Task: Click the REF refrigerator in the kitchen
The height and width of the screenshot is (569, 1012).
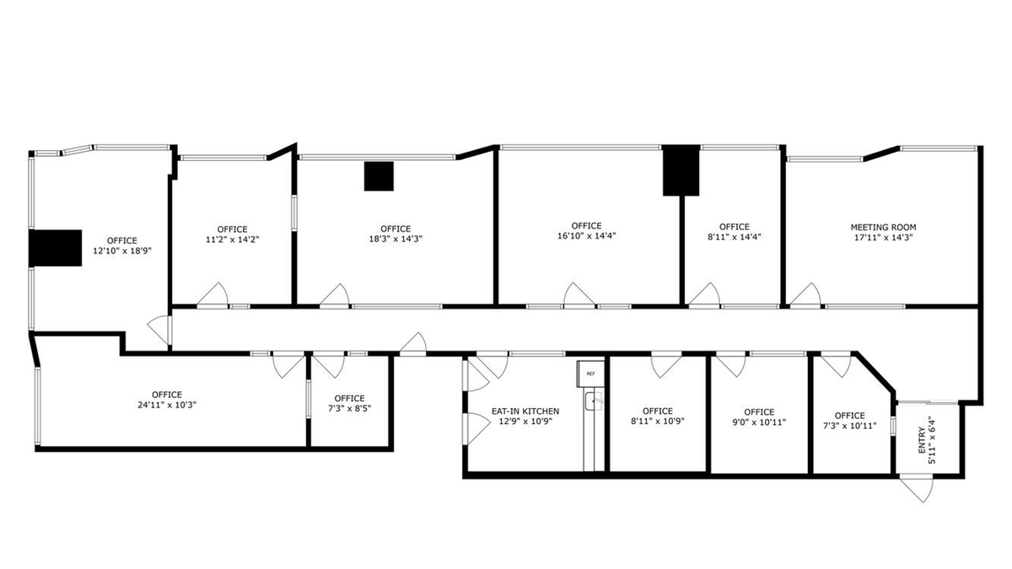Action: click(x=590, y=373)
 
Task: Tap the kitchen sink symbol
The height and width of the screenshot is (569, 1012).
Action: click(x=594, y=401)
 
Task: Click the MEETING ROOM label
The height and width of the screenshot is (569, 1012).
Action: click(x=883, y=228)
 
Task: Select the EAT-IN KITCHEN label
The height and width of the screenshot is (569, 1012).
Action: click(x=525, y=411)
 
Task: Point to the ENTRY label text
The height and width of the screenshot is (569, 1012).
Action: click(x=921, y=440)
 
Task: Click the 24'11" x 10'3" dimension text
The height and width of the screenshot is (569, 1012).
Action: click(x=167, y=405)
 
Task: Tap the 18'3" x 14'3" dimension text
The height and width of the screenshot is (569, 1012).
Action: click(x=396, y=239)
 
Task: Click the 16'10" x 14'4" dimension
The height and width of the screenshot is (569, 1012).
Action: click(x=586, y=236)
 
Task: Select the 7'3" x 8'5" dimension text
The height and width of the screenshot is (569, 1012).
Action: click(x=350, y=409)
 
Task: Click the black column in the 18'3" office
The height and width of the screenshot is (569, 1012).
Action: click(x=379, y=176)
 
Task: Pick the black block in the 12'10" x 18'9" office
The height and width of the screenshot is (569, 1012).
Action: click(x=55, y=248)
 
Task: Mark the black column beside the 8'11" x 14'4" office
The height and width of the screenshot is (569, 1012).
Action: click(x=681, y=170)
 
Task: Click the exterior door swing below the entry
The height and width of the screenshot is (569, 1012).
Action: click(x=917, y=490)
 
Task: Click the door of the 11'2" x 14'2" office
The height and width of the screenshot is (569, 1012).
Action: click(x=213, y=294)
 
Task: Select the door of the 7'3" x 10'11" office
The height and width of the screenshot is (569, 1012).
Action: click(x=837, y=365)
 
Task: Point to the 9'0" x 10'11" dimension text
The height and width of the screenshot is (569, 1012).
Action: click(x=759, y=422)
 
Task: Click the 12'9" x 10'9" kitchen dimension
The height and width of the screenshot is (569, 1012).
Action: click(x=525, y=421)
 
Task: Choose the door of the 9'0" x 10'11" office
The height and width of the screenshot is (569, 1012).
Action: click(x=731, y=365)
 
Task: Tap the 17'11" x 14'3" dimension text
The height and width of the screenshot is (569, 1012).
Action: click(x=883, y=238)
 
